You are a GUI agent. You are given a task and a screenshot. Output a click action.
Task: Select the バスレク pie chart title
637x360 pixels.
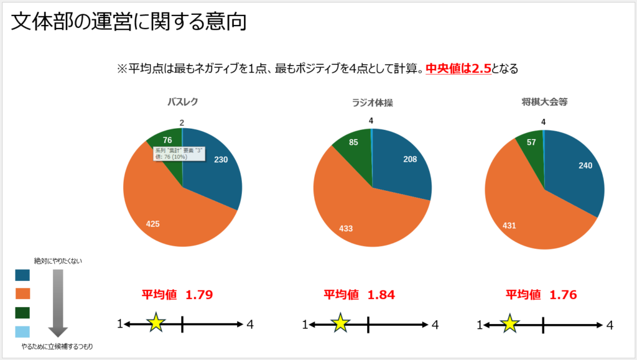tap(182, 102)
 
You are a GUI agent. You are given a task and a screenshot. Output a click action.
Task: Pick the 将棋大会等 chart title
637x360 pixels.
tap(544, 102)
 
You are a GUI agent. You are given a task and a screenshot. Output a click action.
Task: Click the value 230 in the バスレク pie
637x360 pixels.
tap(221, 160)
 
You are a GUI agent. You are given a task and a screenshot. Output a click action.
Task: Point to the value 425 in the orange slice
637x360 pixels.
tap(152, 224)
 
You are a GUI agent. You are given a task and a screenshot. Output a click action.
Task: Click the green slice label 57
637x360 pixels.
tap(531, 142)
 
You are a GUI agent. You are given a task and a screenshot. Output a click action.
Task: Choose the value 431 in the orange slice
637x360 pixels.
tap(509, 225)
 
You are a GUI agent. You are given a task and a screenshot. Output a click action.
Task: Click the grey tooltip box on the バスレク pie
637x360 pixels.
tap(179, 153)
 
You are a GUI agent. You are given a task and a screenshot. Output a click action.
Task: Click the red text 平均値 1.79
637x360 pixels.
tap(177, 295)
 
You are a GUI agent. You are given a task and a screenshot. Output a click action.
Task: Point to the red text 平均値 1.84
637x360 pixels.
tap(359, 295)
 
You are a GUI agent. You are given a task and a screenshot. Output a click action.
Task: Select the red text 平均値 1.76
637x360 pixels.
tap(541, 295)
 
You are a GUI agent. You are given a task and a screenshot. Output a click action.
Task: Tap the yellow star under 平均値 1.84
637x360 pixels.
tap(340, 323)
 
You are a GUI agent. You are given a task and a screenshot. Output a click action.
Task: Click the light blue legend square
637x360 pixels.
tap(22, 331)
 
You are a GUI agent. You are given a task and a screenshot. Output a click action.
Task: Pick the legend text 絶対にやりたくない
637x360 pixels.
tap(58, 261)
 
